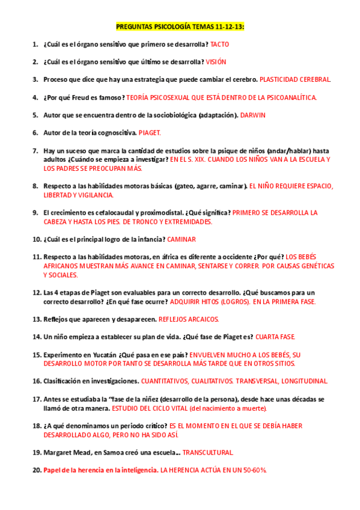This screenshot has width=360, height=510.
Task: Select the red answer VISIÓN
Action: [216, 62]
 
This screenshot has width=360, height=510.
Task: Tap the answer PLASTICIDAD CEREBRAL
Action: [295, 79]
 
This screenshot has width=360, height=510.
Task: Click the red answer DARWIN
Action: [252, 115]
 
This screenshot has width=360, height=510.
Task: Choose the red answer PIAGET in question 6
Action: [150, 132]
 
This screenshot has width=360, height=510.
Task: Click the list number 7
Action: [35, 150]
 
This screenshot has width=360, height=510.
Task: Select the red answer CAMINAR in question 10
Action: [182, 239]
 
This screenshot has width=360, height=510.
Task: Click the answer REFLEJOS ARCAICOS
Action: [189, 319]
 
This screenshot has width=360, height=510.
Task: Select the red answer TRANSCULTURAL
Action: [208, 452]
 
